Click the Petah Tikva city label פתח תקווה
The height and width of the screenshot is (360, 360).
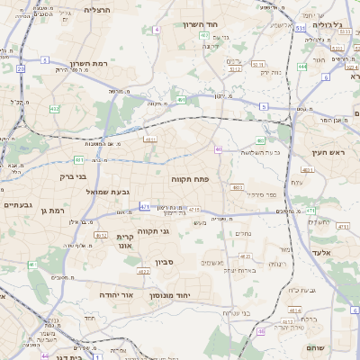(190, 179)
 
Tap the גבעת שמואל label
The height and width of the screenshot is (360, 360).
(84, 192)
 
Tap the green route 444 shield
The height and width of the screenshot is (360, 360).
(302, 66)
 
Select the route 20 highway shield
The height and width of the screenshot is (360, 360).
(20, 68)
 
